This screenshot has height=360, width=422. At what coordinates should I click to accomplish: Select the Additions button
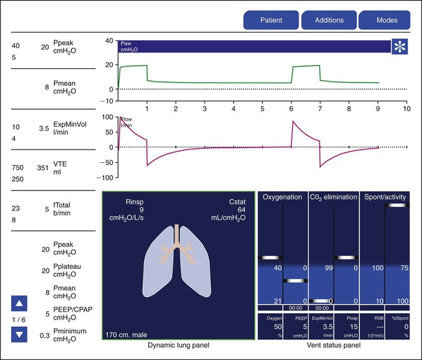(x=329, y=20)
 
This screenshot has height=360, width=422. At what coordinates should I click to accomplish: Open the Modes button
(x=387, y=20)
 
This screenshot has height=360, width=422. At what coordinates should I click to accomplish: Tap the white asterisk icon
(x=399, y=46)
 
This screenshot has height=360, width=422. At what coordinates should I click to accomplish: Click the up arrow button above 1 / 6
(x=19, y=303)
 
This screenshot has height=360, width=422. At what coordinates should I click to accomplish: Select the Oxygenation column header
(x=282, y=196)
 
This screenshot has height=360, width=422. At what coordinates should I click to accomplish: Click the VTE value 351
(x=43, y=167)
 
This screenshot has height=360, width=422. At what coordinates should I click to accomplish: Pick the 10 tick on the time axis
(x=406, y=102)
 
